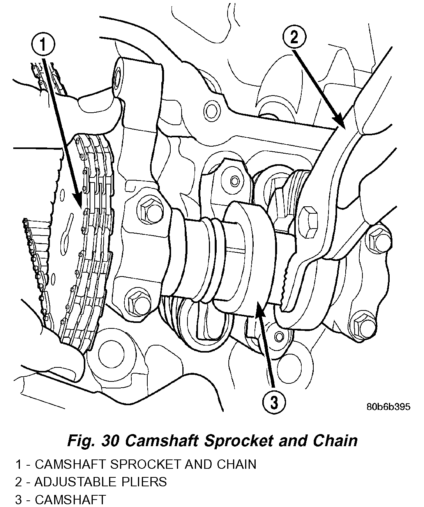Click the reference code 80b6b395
pyautogui.click(x=388, y=407)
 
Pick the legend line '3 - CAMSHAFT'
pyautogui.click(x=60, y=499)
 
